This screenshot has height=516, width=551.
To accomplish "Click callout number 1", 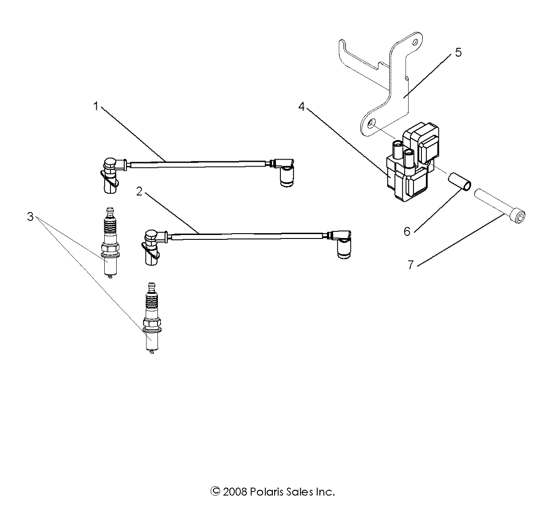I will pyautogui.click(x=96, y=106).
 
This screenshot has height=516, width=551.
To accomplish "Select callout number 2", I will pyautogui.click(x=139, y=192).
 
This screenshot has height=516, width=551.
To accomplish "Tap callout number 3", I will pyautogui.click(x=30, y=217).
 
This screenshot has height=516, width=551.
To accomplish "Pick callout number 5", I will pyautogui.click(x=458, y=52).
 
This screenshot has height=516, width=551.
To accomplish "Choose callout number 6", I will pyautogui.click(x=407, y=231).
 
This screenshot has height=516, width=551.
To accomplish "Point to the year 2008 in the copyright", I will pyautogui.click(x=232, y=492).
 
